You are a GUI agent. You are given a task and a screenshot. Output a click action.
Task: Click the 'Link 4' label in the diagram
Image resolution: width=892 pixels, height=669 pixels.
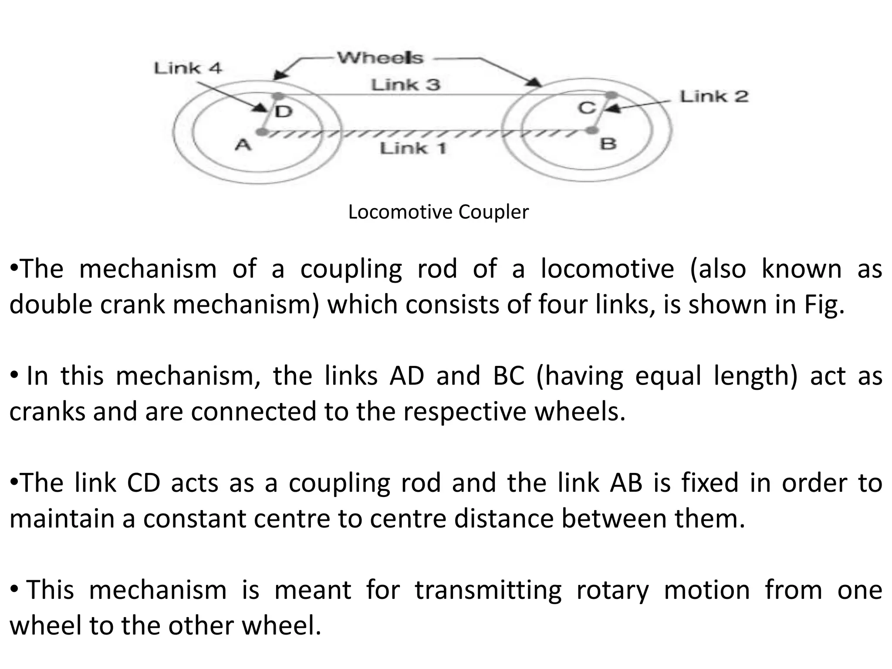point(188,68)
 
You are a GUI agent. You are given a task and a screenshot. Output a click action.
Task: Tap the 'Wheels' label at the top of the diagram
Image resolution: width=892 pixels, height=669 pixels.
point(380,58)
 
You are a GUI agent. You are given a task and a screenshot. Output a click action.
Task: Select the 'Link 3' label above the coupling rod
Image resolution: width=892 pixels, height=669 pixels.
point(405,84)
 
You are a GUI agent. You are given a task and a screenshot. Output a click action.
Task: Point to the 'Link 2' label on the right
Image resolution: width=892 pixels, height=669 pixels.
point(714,96)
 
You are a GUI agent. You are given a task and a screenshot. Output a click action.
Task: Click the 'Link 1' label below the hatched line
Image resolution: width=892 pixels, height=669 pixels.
point(413,149)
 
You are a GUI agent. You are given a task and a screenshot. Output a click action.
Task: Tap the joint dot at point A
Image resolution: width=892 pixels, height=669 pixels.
point(261,131)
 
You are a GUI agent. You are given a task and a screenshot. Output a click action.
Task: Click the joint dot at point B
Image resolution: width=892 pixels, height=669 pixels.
point(591,130)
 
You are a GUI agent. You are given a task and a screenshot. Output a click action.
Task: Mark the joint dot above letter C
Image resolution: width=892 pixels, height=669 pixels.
point(612,95)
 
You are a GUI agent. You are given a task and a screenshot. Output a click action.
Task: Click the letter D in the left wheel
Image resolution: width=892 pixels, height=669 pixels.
point(284,111)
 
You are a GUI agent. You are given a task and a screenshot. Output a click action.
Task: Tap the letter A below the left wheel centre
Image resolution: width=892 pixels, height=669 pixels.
point(243,144)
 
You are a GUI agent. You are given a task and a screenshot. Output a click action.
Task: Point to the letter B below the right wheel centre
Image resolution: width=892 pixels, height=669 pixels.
point(608,143)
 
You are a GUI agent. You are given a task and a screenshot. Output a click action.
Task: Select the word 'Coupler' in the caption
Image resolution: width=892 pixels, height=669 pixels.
point(493,212)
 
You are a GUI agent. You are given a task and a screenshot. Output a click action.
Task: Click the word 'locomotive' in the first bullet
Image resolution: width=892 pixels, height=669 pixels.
point(607,269)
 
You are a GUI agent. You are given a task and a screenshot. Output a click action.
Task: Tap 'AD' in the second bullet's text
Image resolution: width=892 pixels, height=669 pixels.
point(406,376)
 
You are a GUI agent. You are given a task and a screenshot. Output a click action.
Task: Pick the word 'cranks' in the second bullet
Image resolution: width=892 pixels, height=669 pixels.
point(47,412)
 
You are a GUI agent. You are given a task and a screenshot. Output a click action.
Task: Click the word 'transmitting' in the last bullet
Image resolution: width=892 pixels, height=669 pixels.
point(488,590)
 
